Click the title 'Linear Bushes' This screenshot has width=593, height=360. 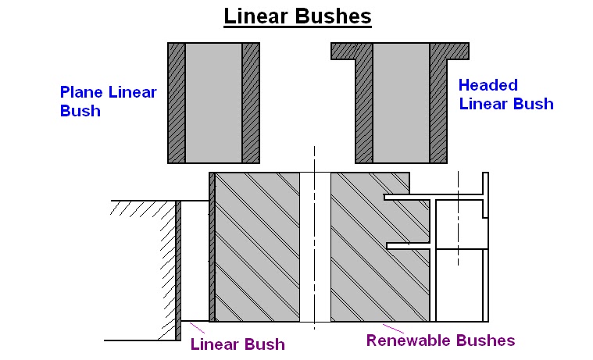click(297, 16)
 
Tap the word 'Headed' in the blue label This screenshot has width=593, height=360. click(488, 85)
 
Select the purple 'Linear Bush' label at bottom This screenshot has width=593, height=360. click(238, 344)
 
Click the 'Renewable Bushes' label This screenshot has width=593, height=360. click(441, 340)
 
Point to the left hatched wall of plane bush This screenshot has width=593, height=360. click(177, 102)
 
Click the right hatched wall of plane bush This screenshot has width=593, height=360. click(251, 102)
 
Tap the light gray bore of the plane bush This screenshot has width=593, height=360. click(213, 102)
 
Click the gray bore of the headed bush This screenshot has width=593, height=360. click(401, 102)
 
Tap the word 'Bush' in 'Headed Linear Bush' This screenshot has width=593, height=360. click(536, 104)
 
